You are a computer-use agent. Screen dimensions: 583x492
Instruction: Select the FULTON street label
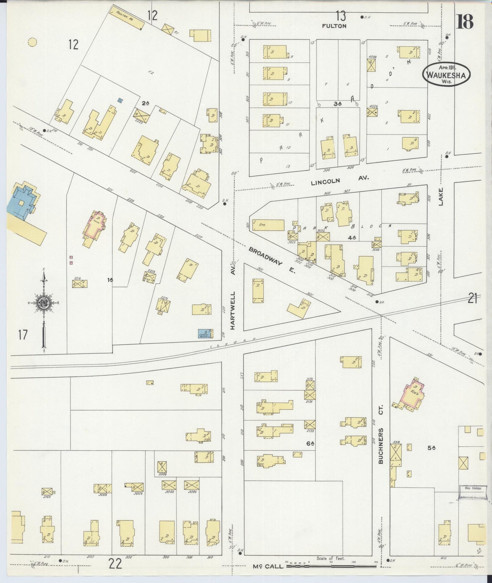[335, 26]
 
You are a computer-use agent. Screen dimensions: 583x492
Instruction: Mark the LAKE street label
[441, 197]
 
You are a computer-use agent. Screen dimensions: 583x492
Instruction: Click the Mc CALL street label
[268, 566]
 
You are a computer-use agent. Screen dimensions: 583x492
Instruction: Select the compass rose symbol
[44, 302]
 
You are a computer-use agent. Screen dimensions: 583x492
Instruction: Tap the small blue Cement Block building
[205, 334]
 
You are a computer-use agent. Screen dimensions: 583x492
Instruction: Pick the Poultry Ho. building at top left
[126, 18]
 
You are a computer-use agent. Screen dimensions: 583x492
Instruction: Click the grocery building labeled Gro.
[268, 225]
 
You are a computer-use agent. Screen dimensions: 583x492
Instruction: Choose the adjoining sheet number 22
[115, 564]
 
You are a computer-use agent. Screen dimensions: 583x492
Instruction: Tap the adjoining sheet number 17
[23, 335]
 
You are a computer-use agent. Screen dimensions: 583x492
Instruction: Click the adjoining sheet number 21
[472, 299]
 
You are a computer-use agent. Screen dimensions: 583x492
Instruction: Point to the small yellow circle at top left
[32, 42]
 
